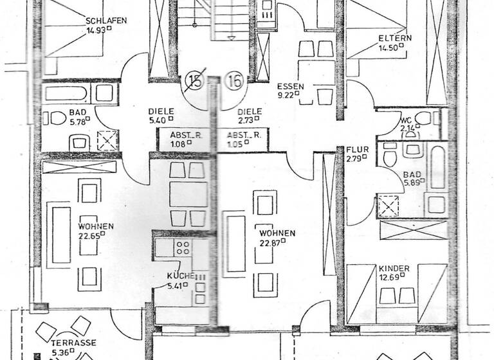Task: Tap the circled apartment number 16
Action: click(x=234, y=82)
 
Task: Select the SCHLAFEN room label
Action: click(x=105, y=21)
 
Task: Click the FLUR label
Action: click(x=357, y=149)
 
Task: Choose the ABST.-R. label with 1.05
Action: click(x=242, y=135)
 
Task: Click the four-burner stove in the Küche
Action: click(x=183, y=248)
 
